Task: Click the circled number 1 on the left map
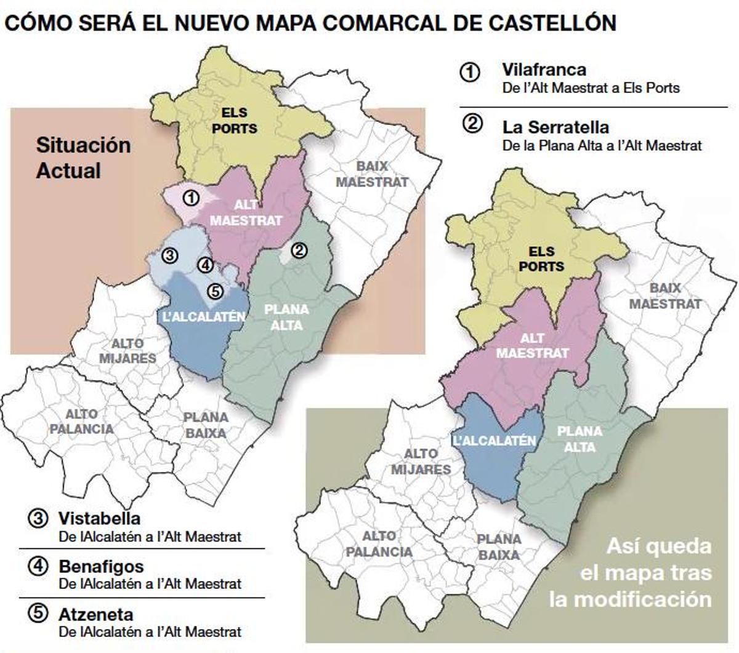click(192, 198)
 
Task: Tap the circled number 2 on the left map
click(299, 250)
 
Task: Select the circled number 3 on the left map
click(170, 255)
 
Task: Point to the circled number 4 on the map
click(205, 265)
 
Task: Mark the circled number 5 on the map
click(214, 291)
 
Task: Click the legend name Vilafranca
click(544, 70)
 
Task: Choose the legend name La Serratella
click(555, 127)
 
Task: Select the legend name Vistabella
click(99, 518)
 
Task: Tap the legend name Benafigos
click(101, 566)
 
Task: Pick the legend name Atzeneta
click(95, 614)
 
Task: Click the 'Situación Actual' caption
click(83, 158)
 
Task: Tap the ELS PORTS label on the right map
click(541, 259)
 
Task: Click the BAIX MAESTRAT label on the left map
click(372, 174)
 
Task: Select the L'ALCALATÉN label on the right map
click(494, 441)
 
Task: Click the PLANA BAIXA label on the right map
click(499, 547)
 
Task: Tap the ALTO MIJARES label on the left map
click(128, 351)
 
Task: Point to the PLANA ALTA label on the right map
click(579, 439)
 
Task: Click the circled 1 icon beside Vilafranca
click(470, 72)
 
